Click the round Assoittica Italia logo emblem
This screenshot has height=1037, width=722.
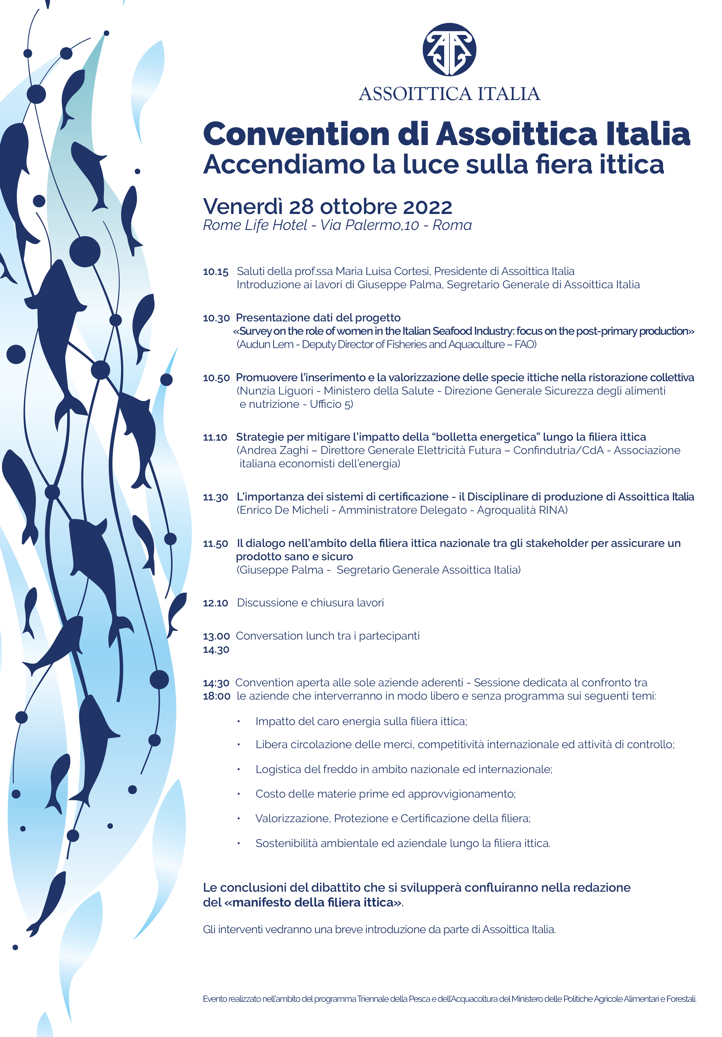pos(449,49)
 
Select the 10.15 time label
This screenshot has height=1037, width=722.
pos(215,272)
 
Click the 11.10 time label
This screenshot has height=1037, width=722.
pos(215,438)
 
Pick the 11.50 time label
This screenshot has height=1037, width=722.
pos(215,544)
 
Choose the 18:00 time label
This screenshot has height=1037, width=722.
pos(216,696)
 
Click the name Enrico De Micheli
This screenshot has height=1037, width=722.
pos(283,511)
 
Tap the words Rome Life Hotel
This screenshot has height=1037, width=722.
pos(255,225)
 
